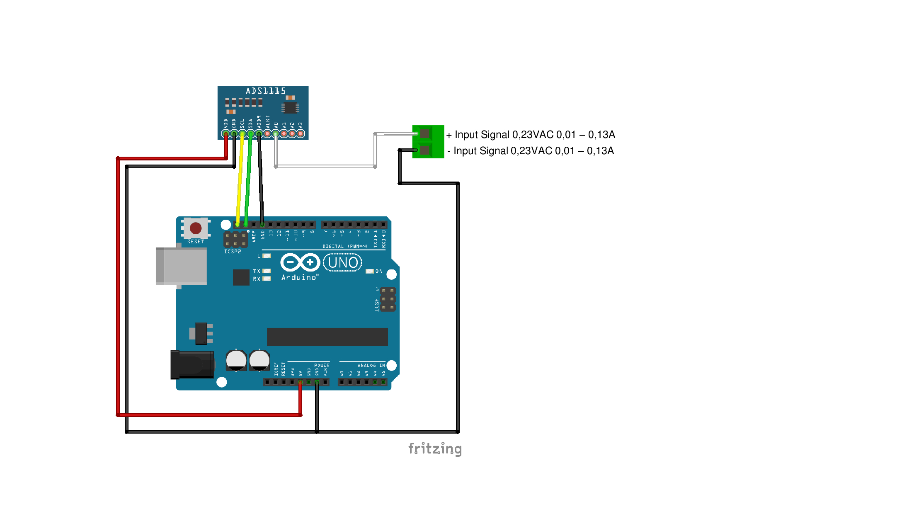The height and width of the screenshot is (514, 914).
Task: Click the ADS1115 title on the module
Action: (x=266, y=91)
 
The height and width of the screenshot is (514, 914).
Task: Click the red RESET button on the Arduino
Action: (x=196, y=228)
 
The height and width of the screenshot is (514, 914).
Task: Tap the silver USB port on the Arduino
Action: (x=182, y=266)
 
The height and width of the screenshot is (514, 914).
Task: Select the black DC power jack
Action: (x=192, y=364)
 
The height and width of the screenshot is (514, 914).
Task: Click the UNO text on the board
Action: (x=343, y=262)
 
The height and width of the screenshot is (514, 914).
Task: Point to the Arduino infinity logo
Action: (x=300, y=262)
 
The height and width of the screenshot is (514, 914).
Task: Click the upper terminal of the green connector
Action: (x=425, y=133)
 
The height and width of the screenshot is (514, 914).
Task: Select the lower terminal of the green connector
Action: (x=425, y=150)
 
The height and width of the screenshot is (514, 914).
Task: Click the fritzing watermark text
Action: (x=435, y=449)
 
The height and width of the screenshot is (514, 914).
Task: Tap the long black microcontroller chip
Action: (x=327, y=337)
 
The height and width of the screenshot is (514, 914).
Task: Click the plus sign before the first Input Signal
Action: (x=449, y=135)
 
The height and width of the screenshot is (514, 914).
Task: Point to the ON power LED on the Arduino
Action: (x=370, y=271)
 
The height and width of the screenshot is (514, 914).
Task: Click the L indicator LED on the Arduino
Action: (x=267, y=256)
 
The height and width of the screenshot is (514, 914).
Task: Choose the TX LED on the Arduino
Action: (x=267, y=271)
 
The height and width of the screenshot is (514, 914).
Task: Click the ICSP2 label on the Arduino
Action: (x=233, y=252)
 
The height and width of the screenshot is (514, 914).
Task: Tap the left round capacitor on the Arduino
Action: (x=236, y=360)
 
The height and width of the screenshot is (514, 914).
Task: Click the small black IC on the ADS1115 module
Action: (x=291, y=108)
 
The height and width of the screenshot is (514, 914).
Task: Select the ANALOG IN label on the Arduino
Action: (x=371, y=365)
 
